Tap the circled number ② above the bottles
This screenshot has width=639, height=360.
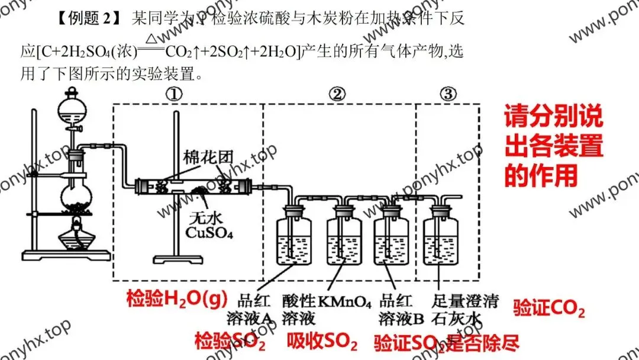pyautogui.click(x=337, y=93)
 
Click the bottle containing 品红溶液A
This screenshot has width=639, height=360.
pyautogui.click(x=295, y=237)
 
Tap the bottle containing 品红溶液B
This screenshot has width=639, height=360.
pyautogui.click(x=392, y=237)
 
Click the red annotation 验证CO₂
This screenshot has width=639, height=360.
pyautogui.click(x=548, y=308)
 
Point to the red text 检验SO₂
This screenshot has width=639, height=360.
pyautogui.click(x=230, y=341)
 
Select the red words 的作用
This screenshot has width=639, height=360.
pyautogui.click(x=540, y=175)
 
